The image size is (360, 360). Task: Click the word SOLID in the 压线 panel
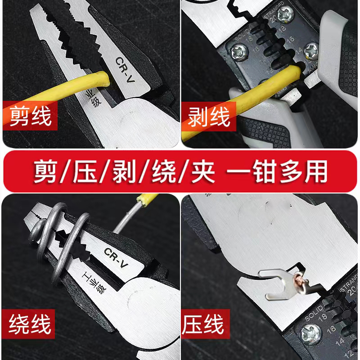click(x=312, y=311)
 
